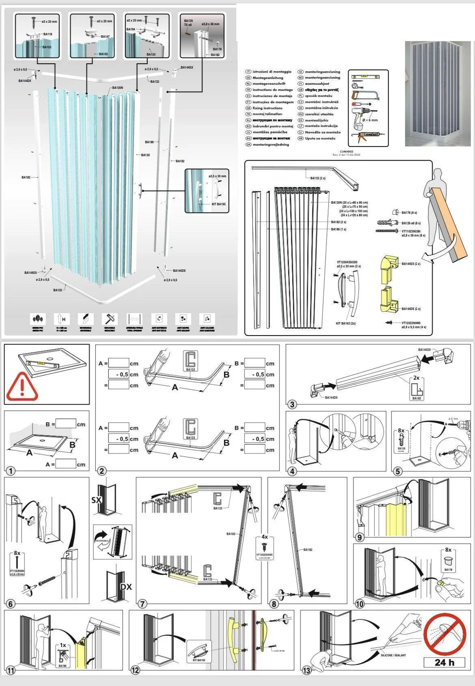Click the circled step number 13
pyautogui.click(x=307, y=671)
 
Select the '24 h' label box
pyautogui.click(x=445, y=663)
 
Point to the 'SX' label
pyautogui.click(x=97, y=500)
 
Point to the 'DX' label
pyautogui.click(x=126, y=587)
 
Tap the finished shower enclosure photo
pyautogui.click(x=438, y=93)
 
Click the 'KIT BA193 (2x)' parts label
pyautogui.click(x=346, y=323)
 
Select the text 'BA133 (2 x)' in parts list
pyautogui.click(x=317, y=178)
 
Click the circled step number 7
pyautogui.click(x=142, y=604)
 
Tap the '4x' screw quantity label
pyautogui.click(x=265, y=537)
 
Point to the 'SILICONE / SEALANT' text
pyautogui.click(x=393, y=655)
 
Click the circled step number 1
pyautogui.click(x=11, y=471)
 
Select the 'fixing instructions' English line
pyautogui.click(x=267, y=108)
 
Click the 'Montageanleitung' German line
pyautogui.click(x=268, y=78)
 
